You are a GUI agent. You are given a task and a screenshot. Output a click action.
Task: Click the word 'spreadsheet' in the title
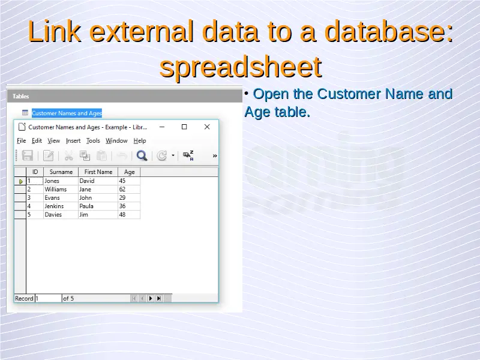pyautogui.click(x=241, y=67)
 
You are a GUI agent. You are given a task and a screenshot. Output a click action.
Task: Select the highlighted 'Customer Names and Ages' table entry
pyautogui.click(x=67, y=113)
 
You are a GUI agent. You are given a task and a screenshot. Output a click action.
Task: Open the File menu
pyautogui.click(x=21, y=141)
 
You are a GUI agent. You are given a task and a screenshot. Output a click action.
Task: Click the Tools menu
pyautogui.click(x=93, y=141)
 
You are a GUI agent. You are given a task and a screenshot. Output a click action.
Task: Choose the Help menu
pyautogui.click(x=140, y=141)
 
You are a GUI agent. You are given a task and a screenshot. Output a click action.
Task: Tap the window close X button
pyautogui.click(x=207, y=127)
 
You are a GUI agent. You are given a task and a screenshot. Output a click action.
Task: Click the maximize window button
pyautogui.click(x=184, y=127)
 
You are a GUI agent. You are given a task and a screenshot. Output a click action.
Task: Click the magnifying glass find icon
pyautogui.click(x=142, y=155)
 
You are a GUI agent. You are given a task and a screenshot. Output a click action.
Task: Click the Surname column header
pyautogui.click(x=61, y=172)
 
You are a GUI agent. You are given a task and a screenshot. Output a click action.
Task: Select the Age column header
pyautogui.click(x=129, y=172)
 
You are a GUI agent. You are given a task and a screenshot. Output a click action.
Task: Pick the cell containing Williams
pyautogui.click(x=55, y=190)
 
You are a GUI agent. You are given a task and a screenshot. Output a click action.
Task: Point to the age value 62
pyautogui.click(x=122, y=190)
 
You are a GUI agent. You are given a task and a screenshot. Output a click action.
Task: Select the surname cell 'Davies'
pyautogui.click(x=53, y=215)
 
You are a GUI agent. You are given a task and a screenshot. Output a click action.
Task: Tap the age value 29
pyautogui.click(x=122, y=198)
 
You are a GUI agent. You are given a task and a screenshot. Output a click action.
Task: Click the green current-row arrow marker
pyautogui.click(x=21, y=182)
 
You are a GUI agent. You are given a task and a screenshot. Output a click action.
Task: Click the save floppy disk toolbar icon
pyautogui.click(x=27, y=155)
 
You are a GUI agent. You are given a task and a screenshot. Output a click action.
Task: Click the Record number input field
pyautogui.click(x=48, y=298)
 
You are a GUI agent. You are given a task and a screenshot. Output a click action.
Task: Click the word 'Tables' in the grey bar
pyautogui.click(x=21, y=97)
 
